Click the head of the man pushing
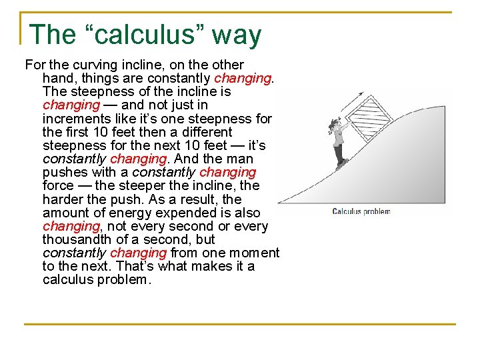click(x=335, y=125)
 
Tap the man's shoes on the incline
click(x=342, y=163)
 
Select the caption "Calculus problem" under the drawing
click(x=361, y=211)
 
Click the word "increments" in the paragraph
click(x=73, y=119)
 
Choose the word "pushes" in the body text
click(x=63, y=173)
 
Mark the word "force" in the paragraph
click(x=59, y=186)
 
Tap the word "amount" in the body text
click(x=65, y=213)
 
